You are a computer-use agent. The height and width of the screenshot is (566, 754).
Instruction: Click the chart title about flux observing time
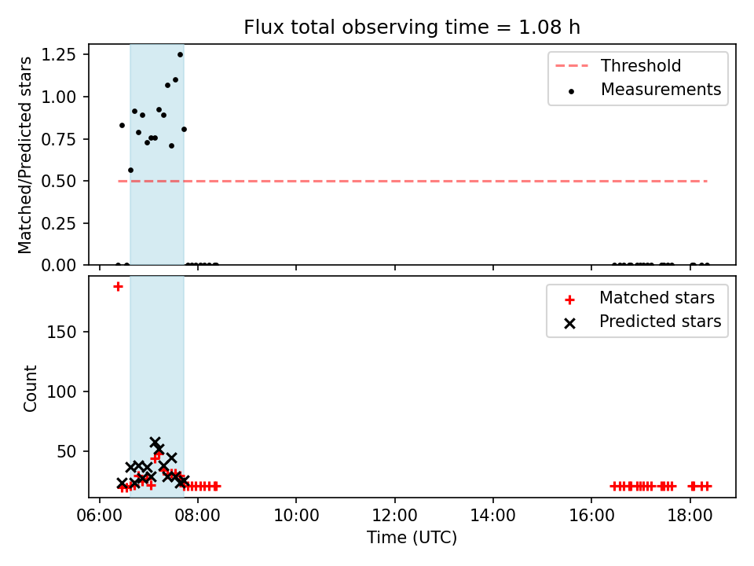412,27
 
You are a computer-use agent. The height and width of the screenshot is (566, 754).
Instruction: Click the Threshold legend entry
618,65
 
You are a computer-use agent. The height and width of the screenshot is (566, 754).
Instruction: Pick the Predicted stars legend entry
642,322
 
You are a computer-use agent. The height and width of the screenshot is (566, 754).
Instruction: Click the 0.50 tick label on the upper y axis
58,181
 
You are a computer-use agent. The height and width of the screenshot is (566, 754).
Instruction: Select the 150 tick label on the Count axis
61,332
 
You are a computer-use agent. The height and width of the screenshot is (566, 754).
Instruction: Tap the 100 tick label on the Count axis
61,391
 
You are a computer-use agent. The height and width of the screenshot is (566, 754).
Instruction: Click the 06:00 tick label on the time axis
100,516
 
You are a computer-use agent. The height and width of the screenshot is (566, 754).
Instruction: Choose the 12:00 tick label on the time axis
395,516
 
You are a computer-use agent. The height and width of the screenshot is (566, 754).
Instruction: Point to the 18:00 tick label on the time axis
690,516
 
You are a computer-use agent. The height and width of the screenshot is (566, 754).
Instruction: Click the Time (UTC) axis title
412,537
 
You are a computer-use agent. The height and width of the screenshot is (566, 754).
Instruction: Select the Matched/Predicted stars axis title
24,155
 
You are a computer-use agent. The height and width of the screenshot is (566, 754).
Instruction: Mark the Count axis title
30,388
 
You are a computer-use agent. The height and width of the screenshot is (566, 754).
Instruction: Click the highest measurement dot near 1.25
181,54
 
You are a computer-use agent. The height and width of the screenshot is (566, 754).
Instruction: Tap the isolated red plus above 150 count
118,286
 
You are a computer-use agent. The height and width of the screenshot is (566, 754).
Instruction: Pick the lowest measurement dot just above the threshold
131,170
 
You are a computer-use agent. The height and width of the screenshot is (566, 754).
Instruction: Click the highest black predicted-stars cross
155,442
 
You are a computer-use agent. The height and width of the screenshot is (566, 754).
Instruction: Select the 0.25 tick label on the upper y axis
58,223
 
